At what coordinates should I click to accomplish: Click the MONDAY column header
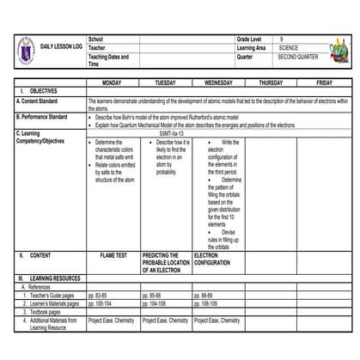pos(113,82)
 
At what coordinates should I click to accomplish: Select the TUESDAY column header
pos(165,82)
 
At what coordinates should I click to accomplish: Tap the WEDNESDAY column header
pos(218,82)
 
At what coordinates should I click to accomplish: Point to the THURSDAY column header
pos(271,82)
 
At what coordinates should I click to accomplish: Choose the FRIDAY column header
pos(324,82)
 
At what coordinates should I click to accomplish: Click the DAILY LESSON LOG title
pos(62,45)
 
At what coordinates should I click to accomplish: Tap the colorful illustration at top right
pos(341,51)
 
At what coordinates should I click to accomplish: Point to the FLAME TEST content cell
pos(113,231)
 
